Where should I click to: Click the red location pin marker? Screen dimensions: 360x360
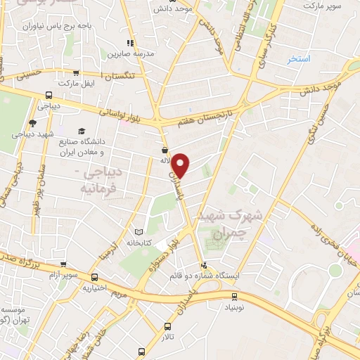point(181,165)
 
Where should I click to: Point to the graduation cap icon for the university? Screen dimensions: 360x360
point(82,131)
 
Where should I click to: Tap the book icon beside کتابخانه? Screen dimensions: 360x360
point(139,231)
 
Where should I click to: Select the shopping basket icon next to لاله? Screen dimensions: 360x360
point(165,150)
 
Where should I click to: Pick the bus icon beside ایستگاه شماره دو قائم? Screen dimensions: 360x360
point(204,265)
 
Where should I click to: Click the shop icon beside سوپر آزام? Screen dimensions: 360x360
point(63,265)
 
